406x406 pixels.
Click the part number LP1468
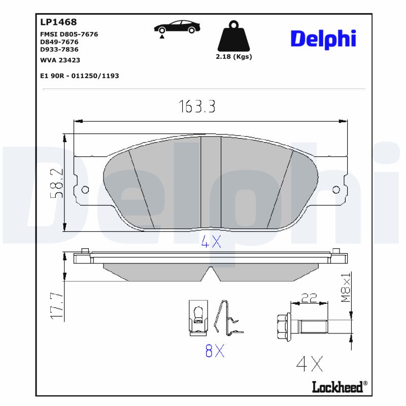click(58, 22)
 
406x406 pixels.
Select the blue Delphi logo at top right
click(323, 39)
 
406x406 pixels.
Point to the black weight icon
click(234, 37)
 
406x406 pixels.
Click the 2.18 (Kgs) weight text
click(234, 57)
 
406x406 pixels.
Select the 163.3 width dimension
click(197, 107)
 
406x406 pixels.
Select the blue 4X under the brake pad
click(211, 242)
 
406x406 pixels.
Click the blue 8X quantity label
click(215, 351)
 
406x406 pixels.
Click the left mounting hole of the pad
click(85, 190)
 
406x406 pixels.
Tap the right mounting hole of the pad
click(335, 190)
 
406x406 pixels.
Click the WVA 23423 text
click(60, 60)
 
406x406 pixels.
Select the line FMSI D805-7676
click(69, 34)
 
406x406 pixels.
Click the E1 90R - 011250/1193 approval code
click(79, 76)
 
